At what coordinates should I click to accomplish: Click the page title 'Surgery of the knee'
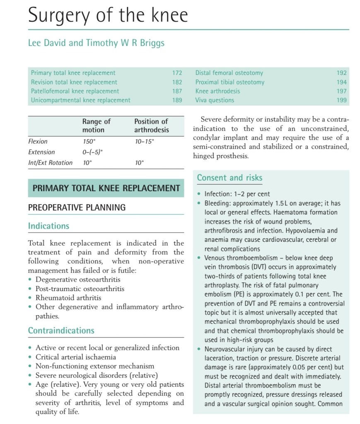pos(108,15)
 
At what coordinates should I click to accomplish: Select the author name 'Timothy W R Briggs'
pos(125,43)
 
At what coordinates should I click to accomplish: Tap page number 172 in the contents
pos(177,73)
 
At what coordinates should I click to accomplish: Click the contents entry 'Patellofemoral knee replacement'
pos(75,91)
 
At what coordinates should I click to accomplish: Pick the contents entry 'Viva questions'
pos(215,100)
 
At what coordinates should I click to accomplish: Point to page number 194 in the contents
pos(341,82)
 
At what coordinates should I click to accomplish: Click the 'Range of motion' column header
pos(97,125)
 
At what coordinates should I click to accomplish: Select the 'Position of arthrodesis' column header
pos(152,125)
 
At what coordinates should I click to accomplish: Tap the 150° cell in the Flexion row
pos(89,141)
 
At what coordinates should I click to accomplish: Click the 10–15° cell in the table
pos(144,141)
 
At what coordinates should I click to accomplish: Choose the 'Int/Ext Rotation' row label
pos(50,163)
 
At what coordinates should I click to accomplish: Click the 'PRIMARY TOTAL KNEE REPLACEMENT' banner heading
pos(106,188)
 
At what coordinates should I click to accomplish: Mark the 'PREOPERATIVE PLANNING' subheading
pos(77,207)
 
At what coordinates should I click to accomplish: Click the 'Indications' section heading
pos(48,226)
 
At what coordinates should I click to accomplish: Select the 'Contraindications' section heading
pos(61,330)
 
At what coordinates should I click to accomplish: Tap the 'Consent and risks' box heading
pos(230,178)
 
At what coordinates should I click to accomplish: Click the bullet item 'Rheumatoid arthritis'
pos(68,298)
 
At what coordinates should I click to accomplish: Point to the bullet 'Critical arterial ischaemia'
pos(75,357)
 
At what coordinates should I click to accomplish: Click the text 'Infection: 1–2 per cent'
pos(237,194)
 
